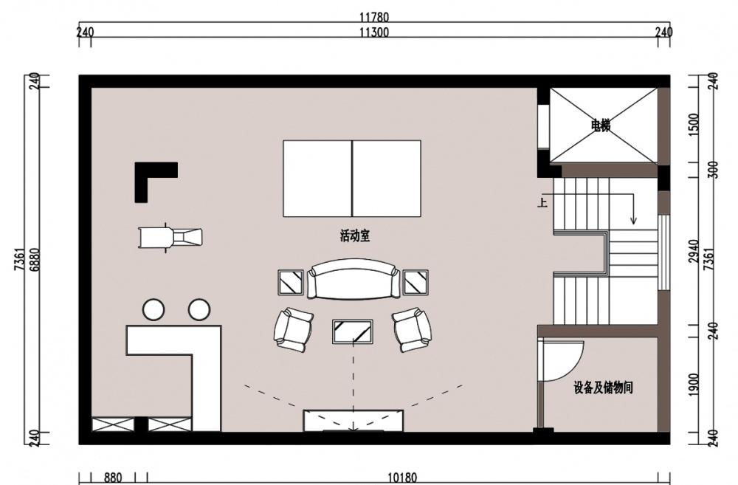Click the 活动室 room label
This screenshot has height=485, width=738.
[x=355, y=235]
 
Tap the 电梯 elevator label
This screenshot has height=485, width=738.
[x=601, y=125]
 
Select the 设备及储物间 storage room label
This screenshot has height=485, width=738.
[x=603, y=388]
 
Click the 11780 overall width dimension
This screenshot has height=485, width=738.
[x=374, y=18]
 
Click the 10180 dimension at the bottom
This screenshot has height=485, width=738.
[x=402, y=478]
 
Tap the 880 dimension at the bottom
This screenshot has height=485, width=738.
[x=113, y=478]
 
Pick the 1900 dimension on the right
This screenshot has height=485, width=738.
[x=694, y=385]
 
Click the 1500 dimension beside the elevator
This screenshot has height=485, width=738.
[x=694, y=125]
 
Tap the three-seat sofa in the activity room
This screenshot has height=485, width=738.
[x=353, y=279]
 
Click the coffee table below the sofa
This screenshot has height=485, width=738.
[x=353, y=331]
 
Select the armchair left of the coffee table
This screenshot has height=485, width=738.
[x=293, y=330]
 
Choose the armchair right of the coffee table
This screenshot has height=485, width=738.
[x=413, y=330]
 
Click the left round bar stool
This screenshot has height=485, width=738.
[x=154, y=310]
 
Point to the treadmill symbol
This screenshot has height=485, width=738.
[x=170, y=237]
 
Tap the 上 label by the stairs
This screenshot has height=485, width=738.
[x=542, y=203]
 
